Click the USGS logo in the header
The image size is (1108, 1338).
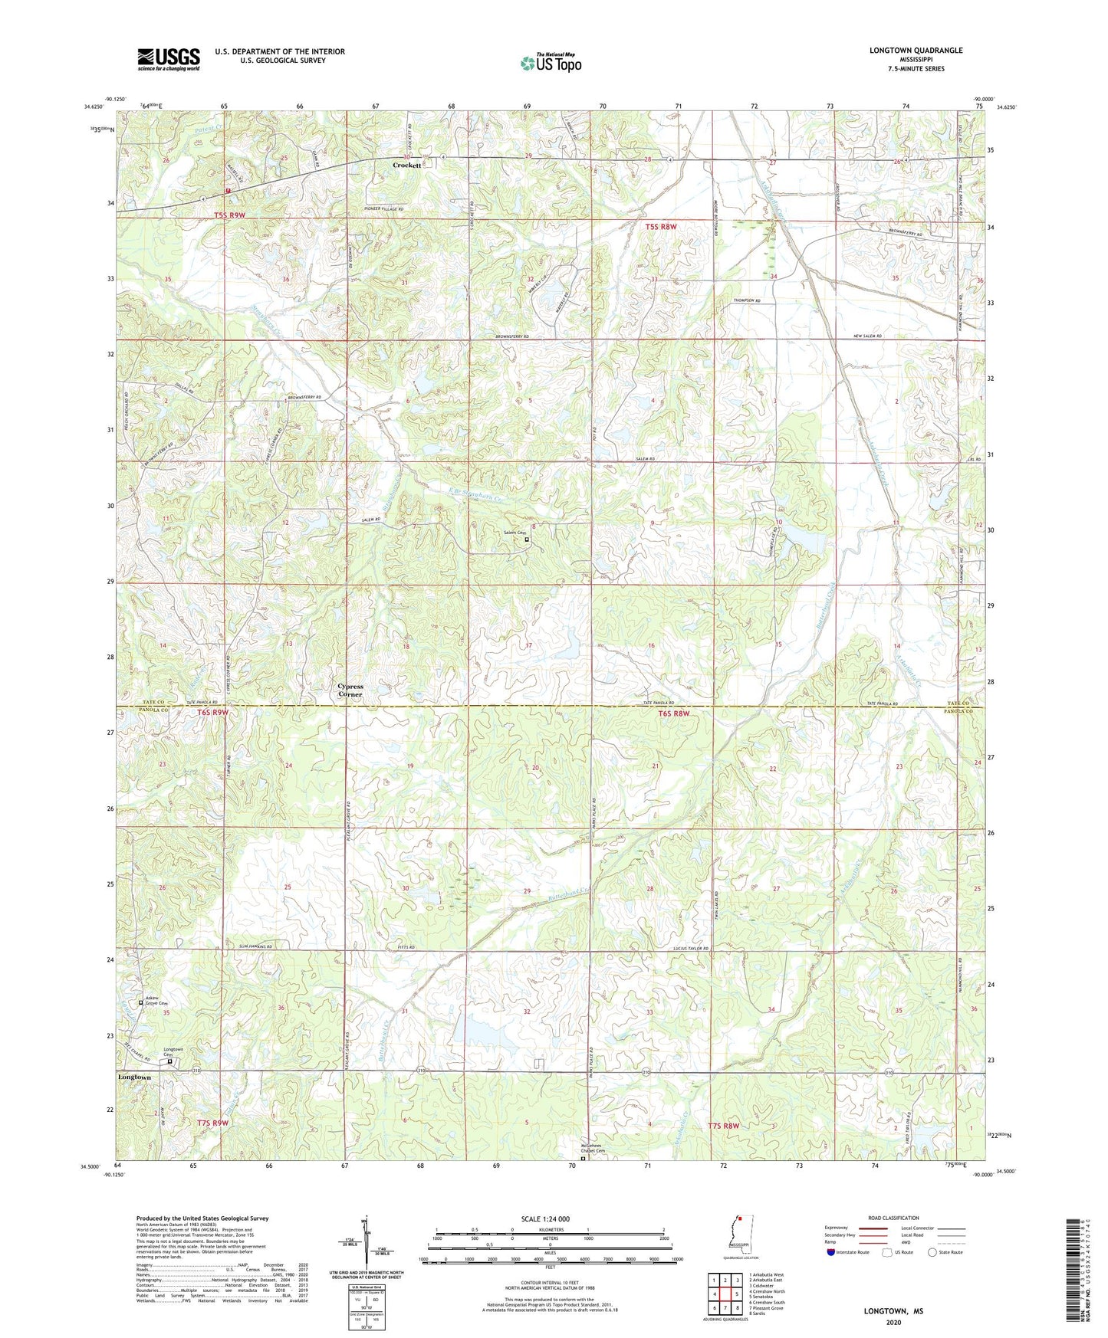[x=168, y=58]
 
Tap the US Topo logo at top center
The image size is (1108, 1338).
[x=551, y=63]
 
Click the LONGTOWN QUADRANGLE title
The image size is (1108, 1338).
[x=916, y=51]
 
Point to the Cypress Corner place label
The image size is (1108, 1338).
[x=350, y=690]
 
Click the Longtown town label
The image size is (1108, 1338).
[x=134, y=1077]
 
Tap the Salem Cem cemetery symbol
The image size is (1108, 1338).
[x=527, y=539]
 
